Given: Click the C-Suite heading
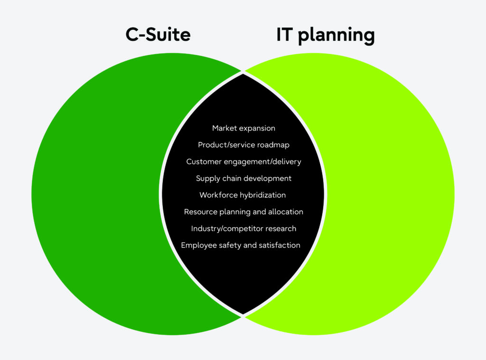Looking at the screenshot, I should [x=158, y=35].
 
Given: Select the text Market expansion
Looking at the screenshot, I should [x=243, y=128].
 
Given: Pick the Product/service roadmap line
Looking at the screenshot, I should [x=243, y=145].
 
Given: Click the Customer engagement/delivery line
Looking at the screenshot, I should [x=243, y=162].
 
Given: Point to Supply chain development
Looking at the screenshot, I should [x=243, y=179].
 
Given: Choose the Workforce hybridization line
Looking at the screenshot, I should [x=243, y=195].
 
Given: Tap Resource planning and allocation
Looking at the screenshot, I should [x=243, y=212].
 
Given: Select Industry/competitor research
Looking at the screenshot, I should [x=243, y=228].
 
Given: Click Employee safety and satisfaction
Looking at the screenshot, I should [x=241, y=246].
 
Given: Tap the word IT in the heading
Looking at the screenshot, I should [x=284, y=35].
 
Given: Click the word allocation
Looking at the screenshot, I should [x=286, y=212].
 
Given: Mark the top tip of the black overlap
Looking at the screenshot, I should [x=243, y=74].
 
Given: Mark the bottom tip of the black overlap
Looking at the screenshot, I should [x=243, y=314].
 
